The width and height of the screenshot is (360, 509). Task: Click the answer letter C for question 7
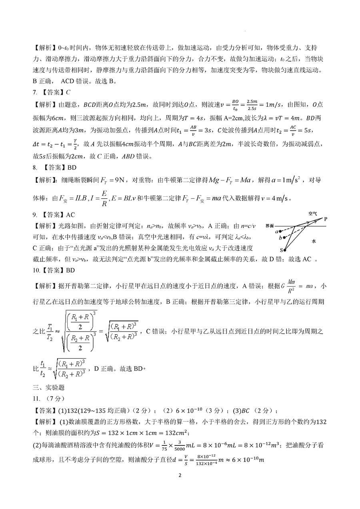(x=68, y=92)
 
